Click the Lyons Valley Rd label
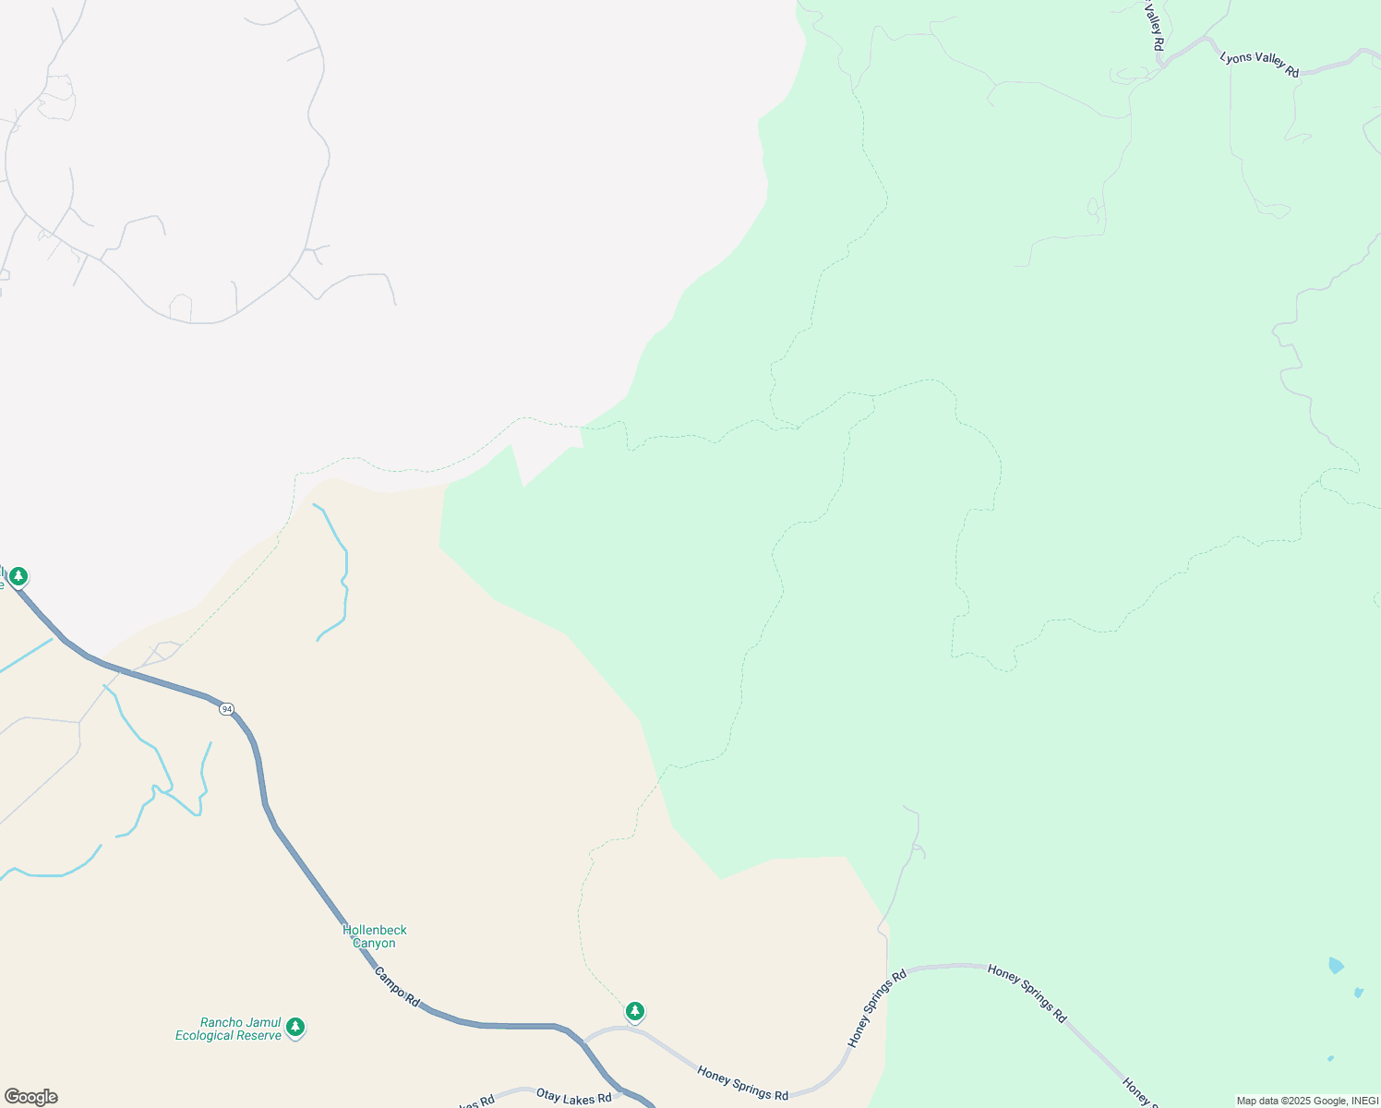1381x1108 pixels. pos(1259,64)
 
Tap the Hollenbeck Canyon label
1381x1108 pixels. pos(374,936)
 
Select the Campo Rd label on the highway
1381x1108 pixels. pos(397,987)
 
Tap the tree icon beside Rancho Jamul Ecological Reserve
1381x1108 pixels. pos(295,1027)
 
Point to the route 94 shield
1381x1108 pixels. pos(226,709)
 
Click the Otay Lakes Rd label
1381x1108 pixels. pos(573,1097)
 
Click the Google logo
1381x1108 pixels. pos(30,1097)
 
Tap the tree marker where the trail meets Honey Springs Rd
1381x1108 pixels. pos(634,1011)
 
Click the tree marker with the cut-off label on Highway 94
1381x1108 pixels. pos(18,577)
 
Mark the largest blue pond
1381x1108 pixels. pos(1336,966)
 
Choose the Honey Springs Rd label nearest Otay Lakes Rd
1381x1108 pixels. pos(742,1083)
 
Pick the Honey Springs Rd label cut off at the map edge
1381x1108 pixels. pos(1140,1092)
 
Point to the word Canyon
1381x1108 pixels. pos(374,943)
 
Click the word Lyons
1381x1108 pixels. pos(1236,57)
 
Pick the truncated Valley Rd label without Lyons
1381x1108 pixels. pos(1154,30)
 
